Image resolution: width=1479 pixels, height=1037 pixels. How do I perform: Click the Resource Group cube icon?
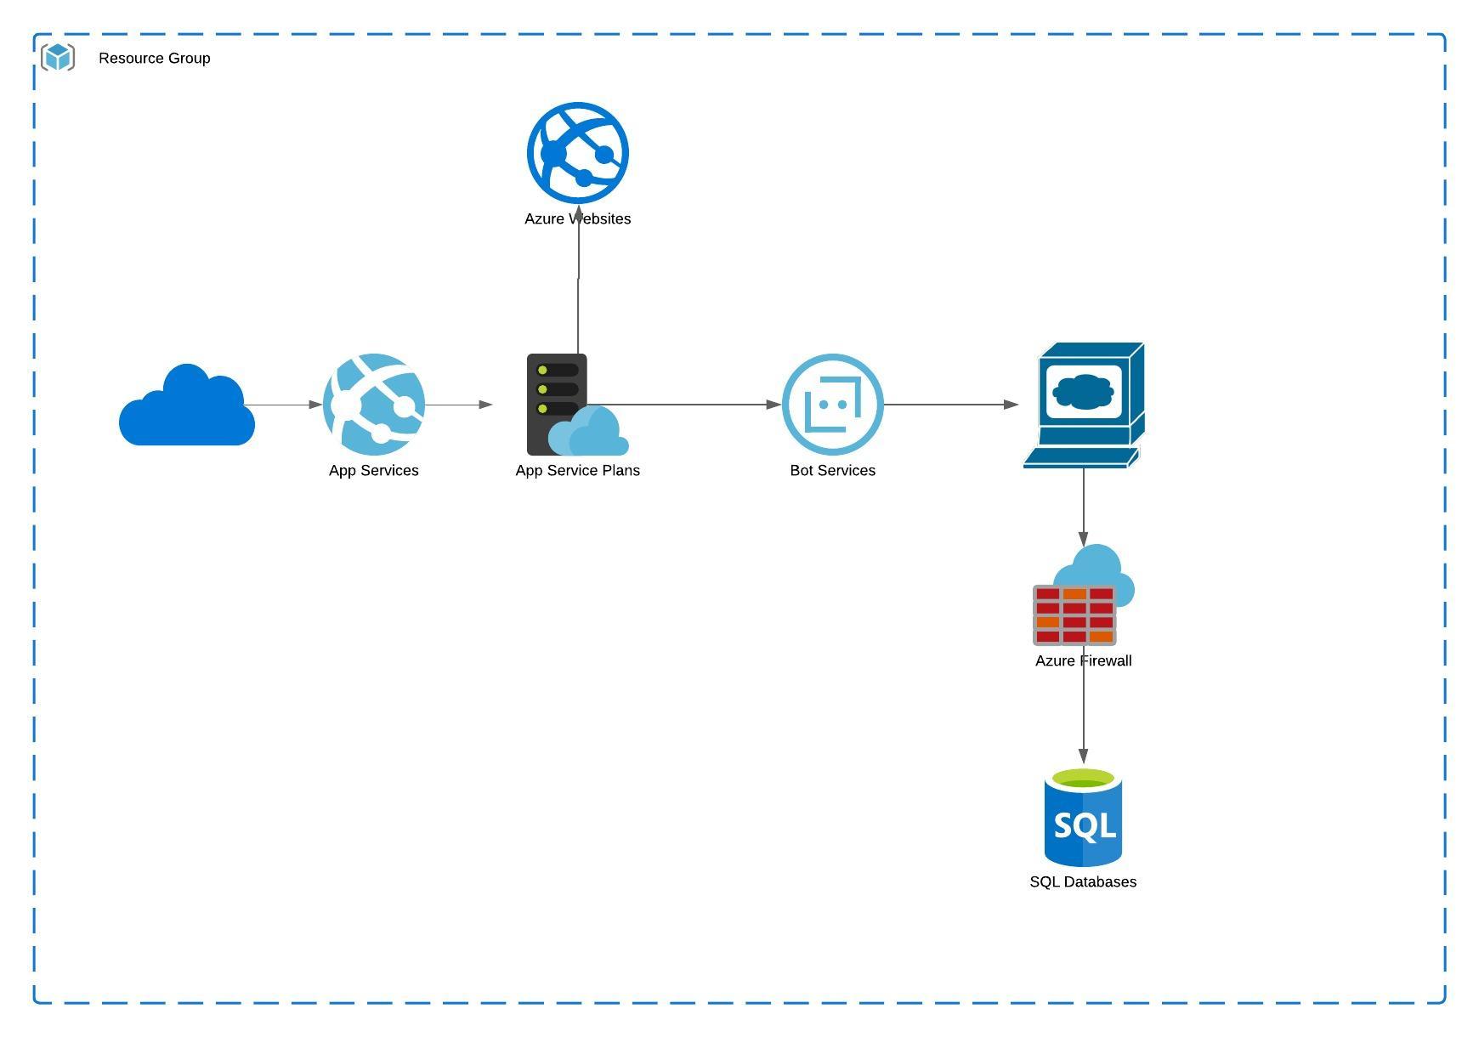[x=58, y=58]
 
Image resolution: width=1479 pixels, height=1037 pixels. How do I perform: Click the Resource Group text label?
[x=154, y=58]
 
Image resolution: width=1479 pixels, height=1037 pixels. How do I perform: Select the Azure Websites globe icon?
[x=578, y=153]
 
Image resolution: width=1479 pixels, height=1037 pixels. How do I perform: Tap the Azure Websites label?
[x=577, y=218]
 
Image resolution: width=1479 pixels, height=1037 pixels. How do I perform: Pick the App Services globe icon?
[x=374, y=405]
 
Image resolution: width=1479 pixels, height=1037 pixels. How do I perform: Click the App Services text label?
[x=373, y=470]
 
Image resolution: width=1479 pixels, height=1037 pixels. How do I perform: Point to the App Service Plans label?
[x=577, y=470]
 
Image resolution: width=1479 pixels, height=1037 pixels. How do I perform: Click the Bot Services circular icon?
[x=833, y=405]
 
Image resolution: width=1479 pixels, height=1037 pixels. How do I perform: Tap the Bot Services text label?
[x=832, y=470]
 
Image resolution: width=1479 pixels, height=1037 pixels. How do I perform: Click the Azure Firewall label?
[x=1083, y=660]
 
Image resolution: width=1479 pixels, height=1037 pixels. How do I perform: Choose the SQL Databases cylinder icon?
[x=1083, y=818]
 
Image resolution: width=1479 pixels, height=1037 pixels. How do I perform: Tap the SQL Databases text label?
[x=1083, y=881]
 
